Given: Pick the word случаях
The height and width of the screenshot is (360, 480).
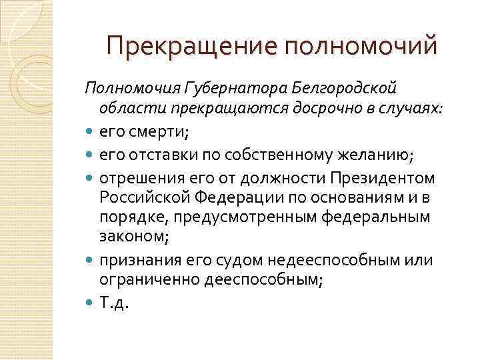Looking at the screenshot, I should tap(398, 109).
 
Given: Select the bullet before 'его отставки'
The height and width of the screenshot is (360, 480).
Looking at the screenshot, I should tap(90, 156).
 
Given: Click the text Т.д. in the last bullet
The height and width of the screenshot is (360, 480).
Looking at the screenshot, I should tap(113, 304).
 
